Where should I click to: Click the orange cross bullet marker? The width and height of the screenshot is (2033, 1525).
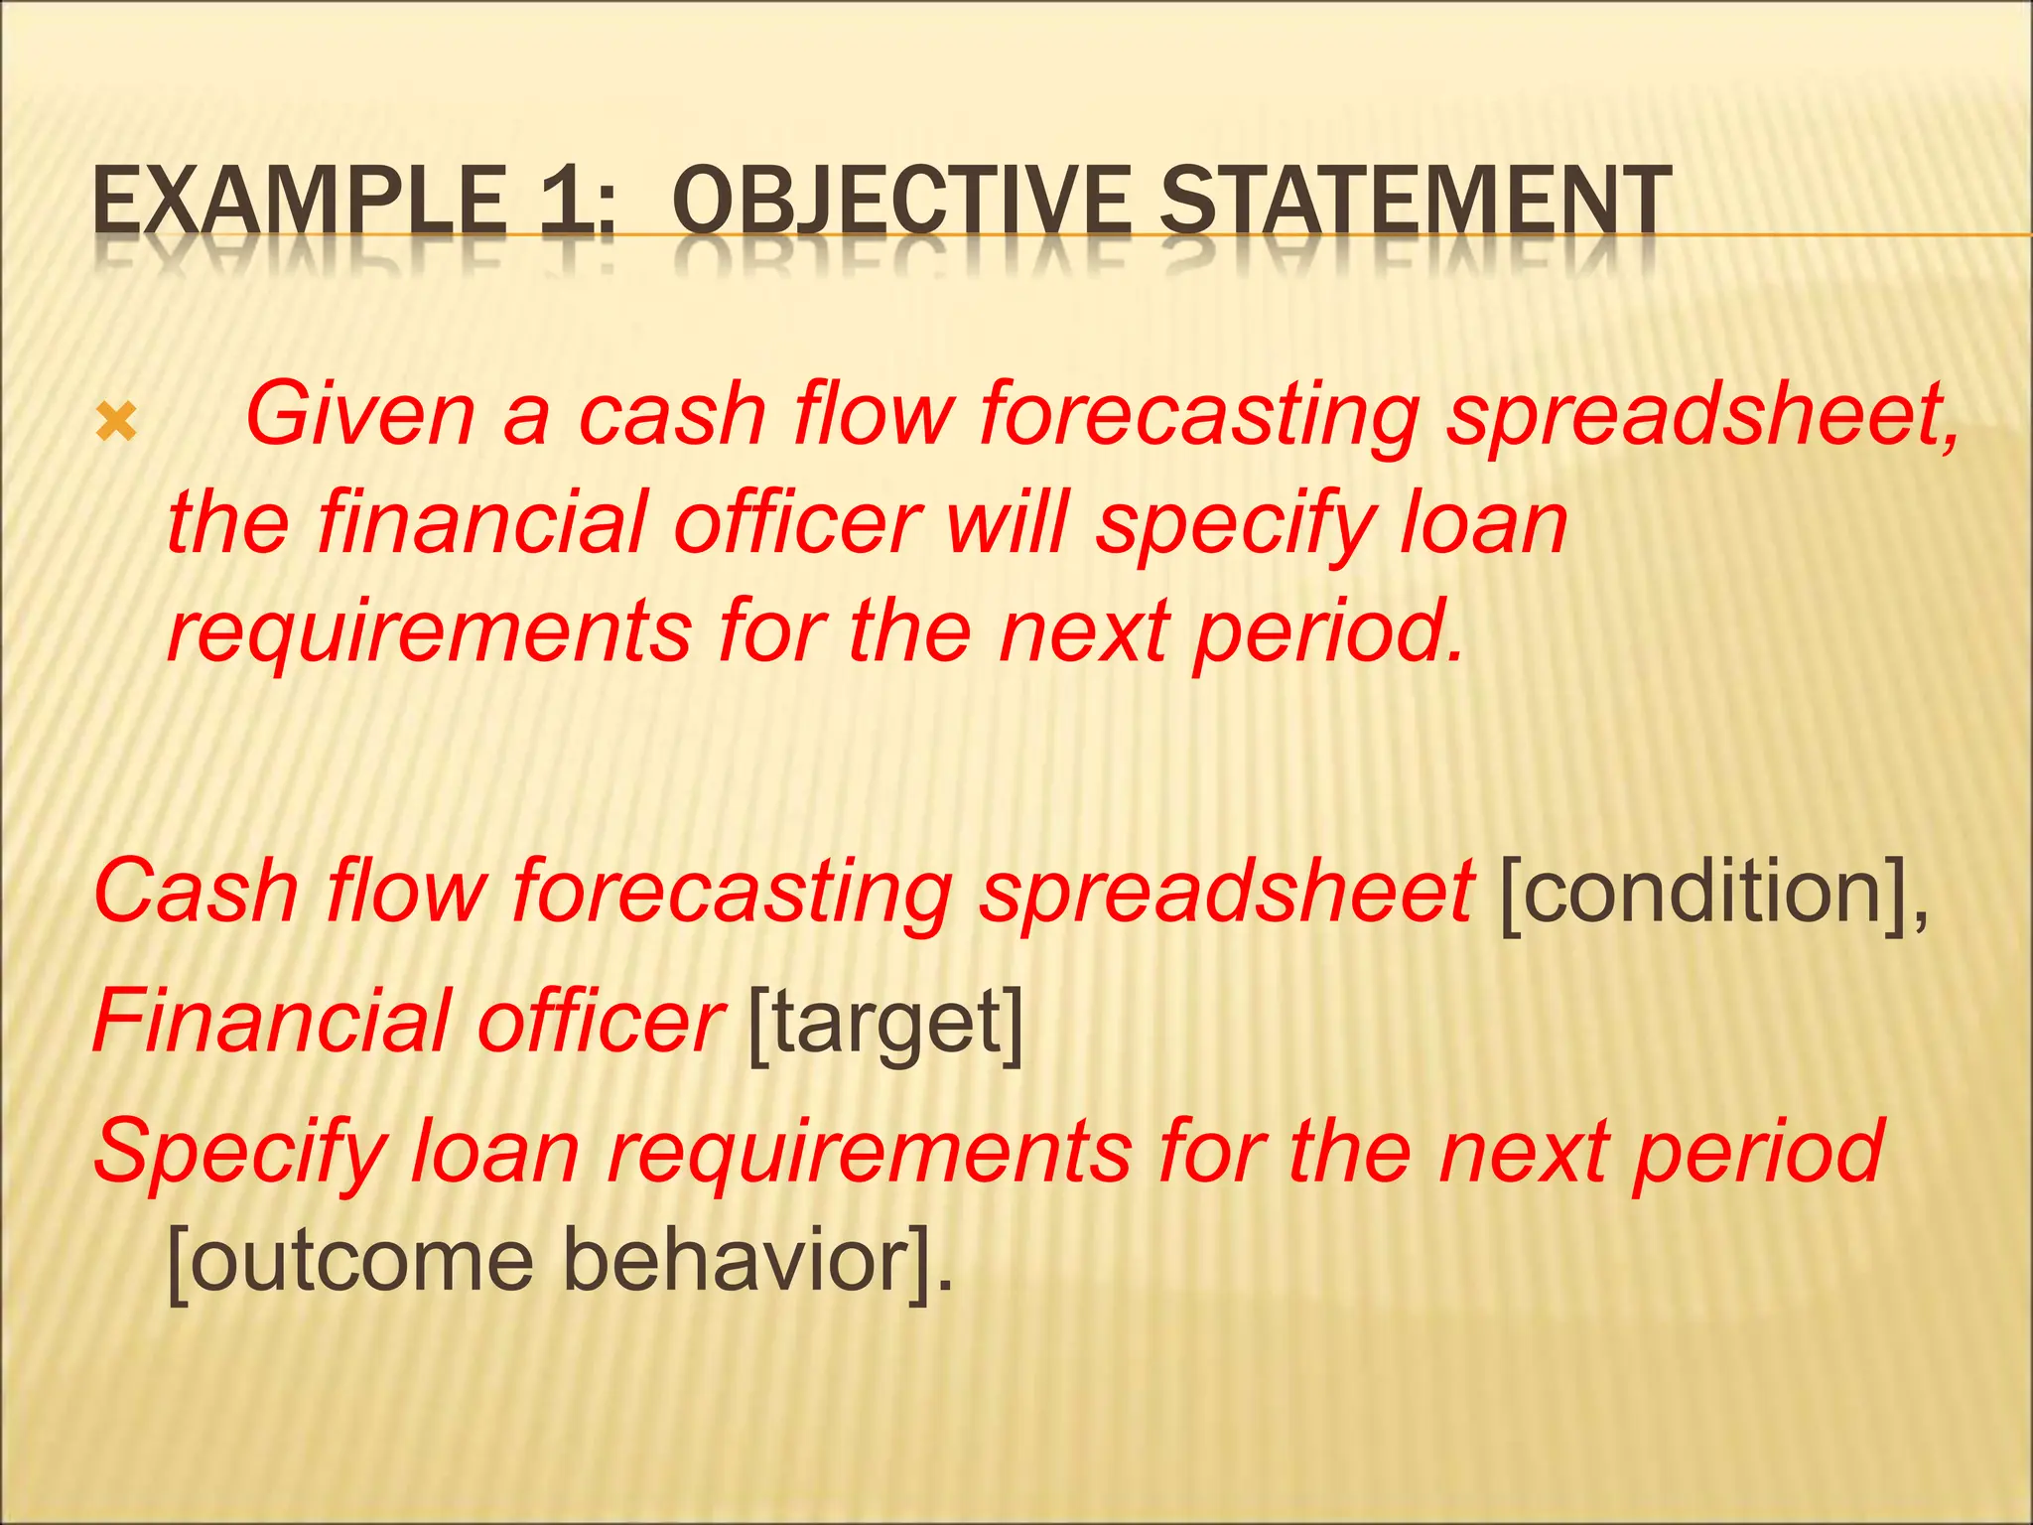tap(116, 424)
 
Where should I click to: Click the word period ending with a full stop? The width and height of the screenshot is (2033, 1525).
tap(1328, 632)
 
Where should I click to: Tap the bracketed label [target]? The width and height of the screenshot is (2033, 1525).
tap(883, 1024)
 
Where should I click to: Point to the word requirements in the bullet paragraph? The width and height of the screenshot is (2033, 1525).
tap(428, 632)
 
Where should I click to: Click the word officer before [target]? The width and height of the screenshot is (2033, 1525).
tap(602, 1022)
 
